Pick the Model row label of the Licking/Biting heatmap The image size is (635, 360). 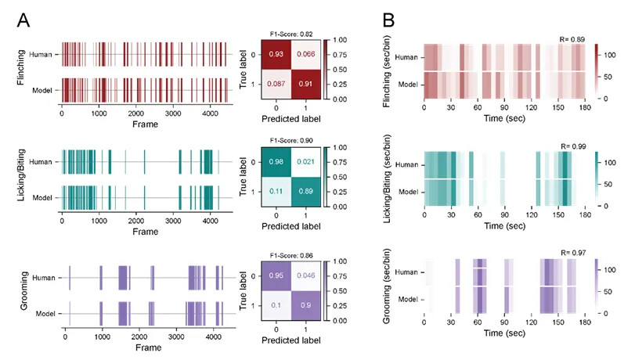coord(407,192)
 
